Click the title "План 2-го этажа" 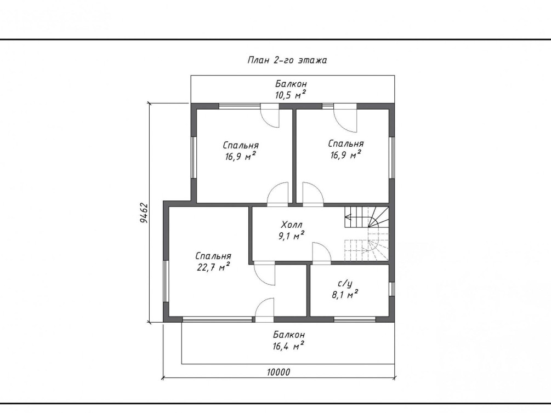(287, 60)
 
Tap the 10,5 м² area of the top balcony (290, 95)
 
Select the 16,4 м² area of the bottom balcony (288, 346)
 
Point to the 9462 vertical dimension (144, 213)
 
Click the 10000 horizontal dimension (279, 371)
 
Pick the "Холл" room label (292, 224)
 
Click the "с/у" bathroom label (345, 283)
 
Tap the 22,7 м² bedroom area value (214, 267)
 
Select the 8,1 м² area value (345, 294)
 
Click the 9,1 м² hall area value (291, 236)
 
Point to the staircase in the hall (367, 234)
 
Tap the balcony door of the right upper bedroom (345, 118)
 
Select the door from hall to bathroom (321, 253)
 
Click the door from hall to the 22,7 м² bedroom (264, 273)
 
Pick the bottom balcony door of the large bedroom (264, 310)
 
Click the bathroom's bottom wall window (355, 319)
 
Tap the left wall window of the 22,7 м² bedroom (166, 280)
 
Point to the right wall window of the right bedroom (391, 157)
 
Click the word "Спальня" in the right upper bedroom (346, 144)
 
